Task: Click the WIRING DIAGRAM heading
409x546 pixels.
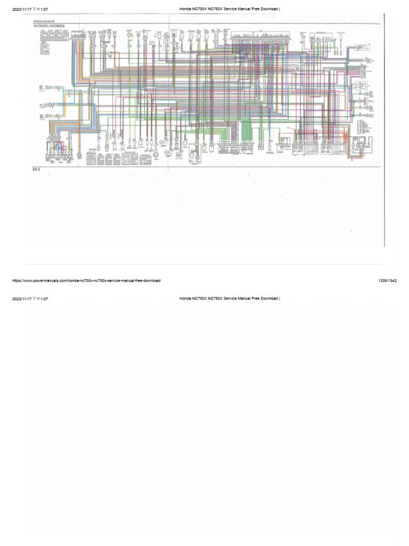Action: coord(44,22)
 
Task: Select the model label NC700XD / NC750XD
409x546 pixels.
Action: coord(49,26)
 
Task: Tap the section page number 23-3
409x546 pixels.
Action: coord(37,168)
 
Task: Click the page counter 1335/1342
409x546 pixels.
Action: coord(387,280)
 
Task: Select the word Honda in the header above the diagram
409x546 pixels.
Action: coord(186,9)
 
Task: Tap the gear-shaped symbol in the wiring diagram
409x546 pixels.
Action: coord(158,154)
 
